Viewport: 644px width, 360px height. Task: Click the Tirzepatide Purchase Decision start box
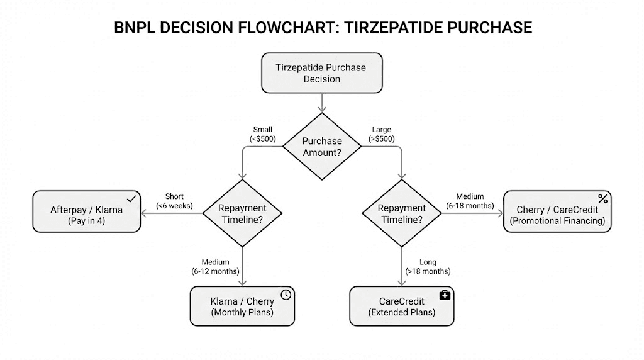321,73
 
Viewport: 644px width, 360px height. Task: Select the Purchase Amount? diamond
321,147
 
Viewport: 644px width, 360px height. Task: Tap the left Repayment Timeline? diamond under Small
242,213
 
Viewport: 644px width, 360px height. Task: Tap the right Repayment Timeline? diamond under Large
402,213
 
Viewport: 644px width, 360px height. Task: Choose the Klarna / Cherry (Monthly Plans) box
242,307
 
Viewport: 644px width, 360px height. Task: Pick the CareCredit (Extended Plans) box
402,307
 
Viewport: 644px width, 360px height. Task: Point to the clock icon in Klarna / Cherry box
286,295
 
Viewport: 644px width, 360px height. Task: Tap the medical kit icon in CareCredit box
445,295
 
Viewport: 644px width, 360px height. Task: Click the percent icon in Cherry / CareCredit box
602,199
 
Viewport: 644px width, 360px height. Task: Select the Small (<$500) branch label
262,134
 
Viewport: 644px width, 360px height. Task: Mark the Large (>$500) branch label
381,134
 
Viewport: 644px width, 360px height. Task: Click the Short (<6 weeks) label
174,201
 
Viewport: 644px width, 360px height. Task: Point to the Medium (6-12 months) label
215,266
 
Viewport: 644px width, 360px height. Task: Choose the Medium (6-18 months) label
470,201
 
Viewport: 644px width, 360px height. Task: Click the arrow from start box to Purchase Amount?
322,102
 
